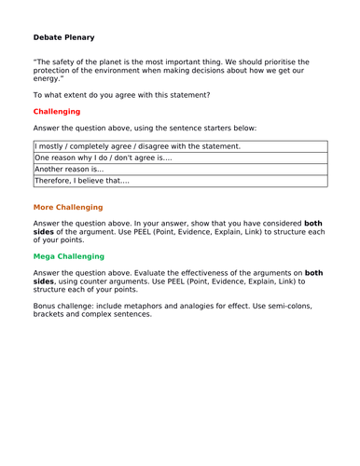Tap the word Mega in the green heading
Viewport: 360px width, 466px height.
[48, 255]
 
